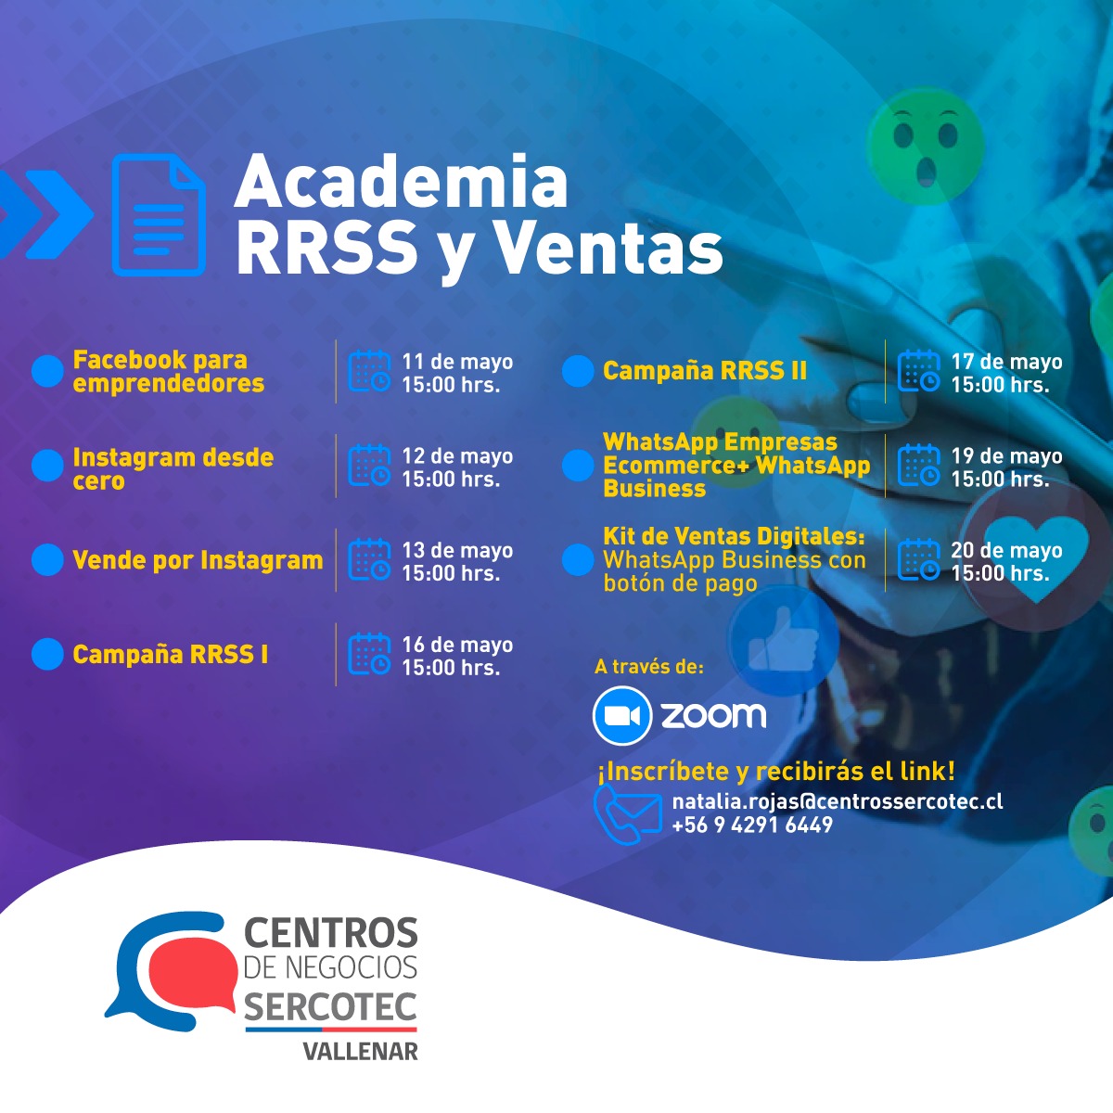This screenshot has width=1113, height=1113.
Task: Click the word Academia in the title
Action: pos(401,182)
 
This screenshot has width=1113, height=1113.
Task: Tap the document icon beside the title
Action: pos(159,215)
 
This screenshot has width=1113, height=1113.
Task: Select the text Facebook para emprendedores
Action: pos(169,371)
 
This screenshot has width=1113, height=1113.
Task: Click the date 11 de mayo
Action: pos(457,362)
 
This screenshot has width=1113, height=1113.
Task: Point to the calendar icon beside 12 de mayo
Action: pos(370,465)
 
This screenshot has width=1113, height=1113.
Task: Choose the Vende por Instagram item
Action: pos(198,560)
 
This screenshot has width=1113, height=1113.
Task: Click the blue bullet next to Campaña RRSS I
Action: pos(47,654)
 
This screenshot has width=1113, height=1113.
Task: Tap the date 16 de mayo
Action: pos(457,645)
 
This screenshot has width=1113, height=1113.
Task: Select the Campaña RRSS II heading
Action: pos(705,371)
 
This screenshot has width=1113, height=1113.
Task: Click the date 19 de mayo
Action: pos(1006,456)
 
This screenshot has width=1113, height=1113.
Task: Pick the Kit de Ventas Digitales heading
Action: pos(734,537)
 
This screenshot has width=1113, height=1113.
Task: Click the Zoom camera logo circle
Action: pos(622,716)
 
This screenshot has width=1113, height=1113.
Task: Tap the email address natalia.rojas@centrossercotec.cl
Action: pos(838,801)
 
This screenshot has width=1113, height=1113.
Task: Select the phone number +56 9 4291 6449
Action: pos(752,825)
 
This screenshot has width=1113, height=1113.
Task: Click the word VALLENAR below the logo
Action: pos(361,1052)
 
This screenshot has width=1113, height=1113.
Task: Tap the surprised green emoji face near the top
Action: pos(926,145)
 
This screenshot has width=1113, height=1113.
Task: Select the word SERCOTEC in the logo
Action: pos(330,1007)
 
